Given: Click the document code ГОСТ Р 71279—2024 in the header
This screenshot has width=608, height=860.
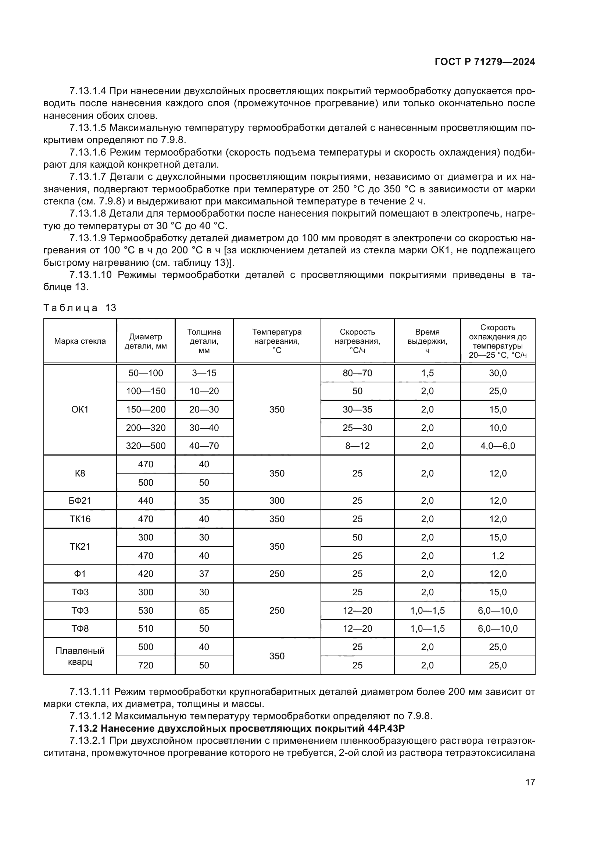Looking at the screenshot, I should pos(484,62).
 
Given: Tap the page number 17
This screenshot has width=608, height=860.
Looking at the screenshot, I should pos(530,782).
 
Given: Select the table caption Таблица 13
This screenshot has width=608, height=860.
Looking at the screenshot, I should pos(80,308).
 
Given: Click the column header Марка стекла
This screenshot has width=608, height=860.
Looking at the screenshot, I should pos(80,341).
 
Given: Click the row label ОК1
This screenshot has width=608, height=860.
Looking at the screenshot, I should pos(80,409).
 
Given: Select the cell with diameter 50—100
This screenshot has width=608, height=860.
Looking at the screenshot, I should pos(146,373).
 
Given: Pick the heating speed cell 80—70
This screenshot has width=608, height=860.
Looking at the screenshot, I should pos(357,373).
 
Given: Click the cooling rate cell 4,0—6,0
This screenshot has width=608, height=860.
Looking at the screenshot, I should pos(498,446).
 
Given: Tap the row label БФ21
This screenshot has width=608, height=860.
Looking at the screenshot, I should pos(80,501).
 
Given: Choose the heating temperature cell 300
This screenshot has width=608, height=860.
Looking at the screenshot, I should pos(277,501).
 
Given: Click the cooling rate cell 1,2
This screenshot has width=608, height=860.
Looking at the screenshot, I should pos(498,556).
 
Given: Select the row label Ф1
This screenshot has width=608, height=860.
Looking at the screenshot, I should pos(80,574).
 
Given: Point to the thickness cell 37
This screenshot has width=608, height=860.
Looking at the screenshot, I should pos(204,574).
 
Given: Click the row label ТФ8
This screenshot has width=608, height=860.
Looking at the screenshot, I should pos(80,628).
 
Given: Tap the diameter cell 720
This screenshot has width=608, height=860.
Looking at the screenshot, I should pos(146,665).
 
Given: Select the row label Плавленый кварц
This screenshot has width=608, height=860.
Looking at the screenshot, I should pos(80,656).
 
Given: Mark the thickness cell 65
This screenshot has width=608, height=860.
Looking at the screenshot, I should pos(204,611).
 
